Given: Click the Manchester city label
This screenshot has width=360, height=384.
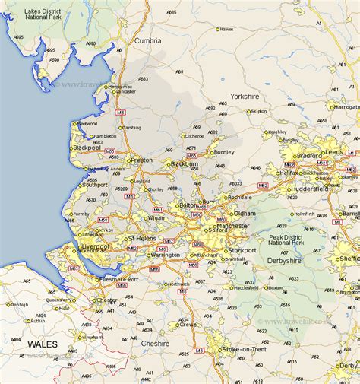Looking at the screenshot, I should click(232, 226).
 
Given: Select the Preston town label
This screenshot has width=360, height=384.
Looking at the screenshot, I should click(142, 160).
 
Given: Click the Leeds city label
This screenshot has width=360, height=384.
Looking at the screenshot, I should click(333, 152).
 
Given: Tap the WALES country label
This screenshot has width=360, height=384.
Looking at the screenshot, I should click(42, 344).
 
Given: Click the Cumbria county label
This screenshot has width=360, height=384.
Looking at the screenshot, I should click(147, 40).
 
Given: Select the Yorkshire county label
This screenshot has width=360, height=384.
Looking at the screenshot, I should click(245, 97).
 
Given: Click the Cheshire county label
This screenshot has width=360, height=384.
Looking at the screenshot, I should click(155, 343).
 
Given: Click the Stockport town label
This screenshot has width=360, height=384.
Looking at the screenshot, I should click(243, 249).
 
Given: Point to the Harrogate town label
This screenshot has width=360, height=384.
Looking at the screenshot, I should click(347, 107).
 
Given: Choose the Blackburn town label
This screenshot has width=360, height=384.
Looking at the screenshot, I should click(185, 164).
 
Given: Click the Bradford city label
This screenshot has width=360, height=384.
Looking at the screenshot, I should click(309, 156).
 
